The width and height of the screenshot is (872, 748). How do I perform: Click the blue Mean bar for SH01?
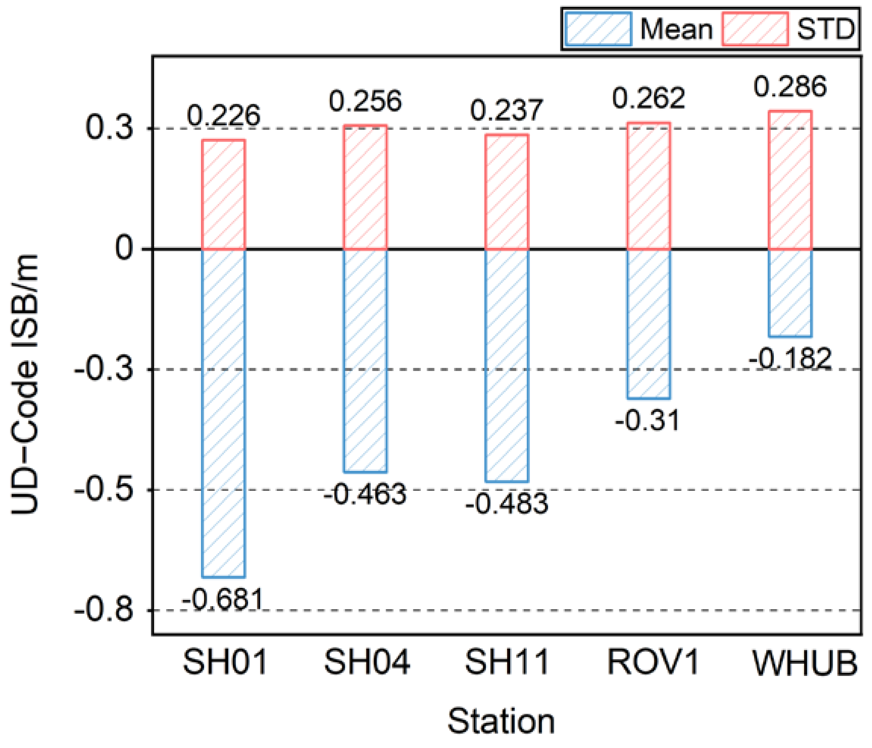[x=223, y=413]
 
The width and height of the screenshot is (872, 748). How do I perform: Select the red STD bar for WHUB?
[x=790, y=181]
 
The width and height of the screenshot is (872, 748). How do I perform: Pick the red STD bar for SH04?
[x=365, y=187]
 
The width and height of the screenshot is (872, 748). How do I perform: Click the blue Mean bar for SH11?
[x=507, y=365]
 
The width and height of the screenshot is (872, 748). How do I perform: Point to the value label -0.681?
[x=223, y=599]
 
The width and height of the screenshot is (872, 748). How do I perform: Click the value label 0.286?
[x=790, y=87]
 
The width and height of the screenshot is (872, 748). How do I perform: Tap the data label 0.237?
[x=507, y=110]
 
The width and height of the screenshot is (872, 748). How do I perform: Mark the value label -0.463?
[x=365, y=493]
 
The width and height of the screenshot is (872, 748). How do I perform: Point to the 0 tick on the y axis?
[x=124, y=249]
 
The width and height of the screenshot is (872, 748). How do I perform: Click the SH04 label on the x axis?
[x=366, y=662]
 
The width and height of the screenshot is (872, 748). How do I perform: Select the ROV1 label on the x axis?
[x=653, y=662]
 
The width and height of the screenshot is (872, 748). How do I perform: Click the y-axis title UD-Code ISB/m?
[x=25, y=385]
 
